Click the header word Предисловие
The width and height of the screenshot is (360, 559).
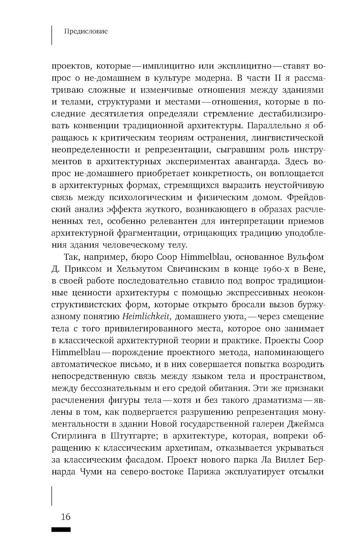[86, 32]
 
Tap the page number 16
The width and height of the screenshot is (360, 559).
[66, 517]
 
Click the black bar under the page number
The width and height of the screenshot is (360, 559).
[61, 529]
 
